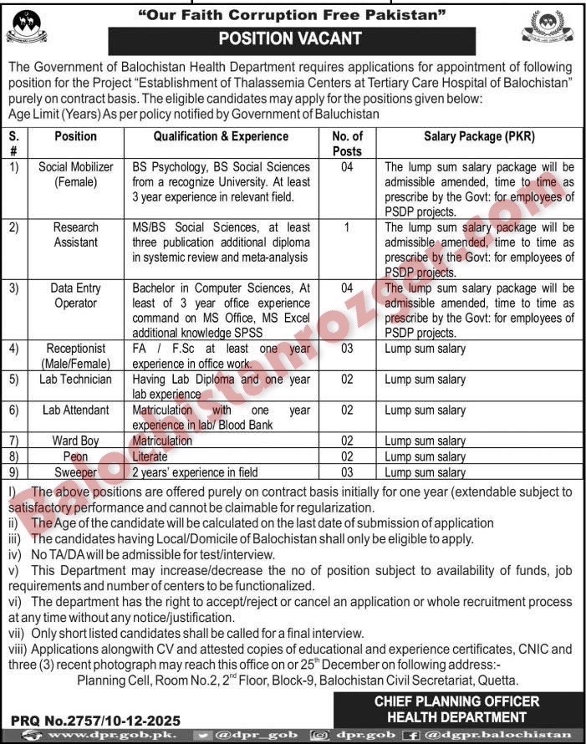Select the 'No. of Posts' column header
coord(347,143)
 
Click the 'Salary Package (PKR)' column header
coord(479,136)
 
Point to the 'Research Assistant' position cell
coord(76,234)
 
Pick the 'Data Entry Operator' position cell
coord(76,295)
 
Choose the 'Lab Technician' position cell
coord(76,380)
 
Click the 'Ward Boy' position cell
coord(76,441)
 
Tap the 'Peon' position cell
coord(76,456)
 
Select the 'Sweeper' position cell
coord(76,472)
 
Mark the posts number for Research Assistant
coord(347,227)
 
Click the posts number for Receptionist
coord(347,349)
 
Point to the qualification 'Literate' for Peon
coord(150,456)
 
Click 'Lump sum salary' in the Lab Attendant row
coord(425,410)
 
